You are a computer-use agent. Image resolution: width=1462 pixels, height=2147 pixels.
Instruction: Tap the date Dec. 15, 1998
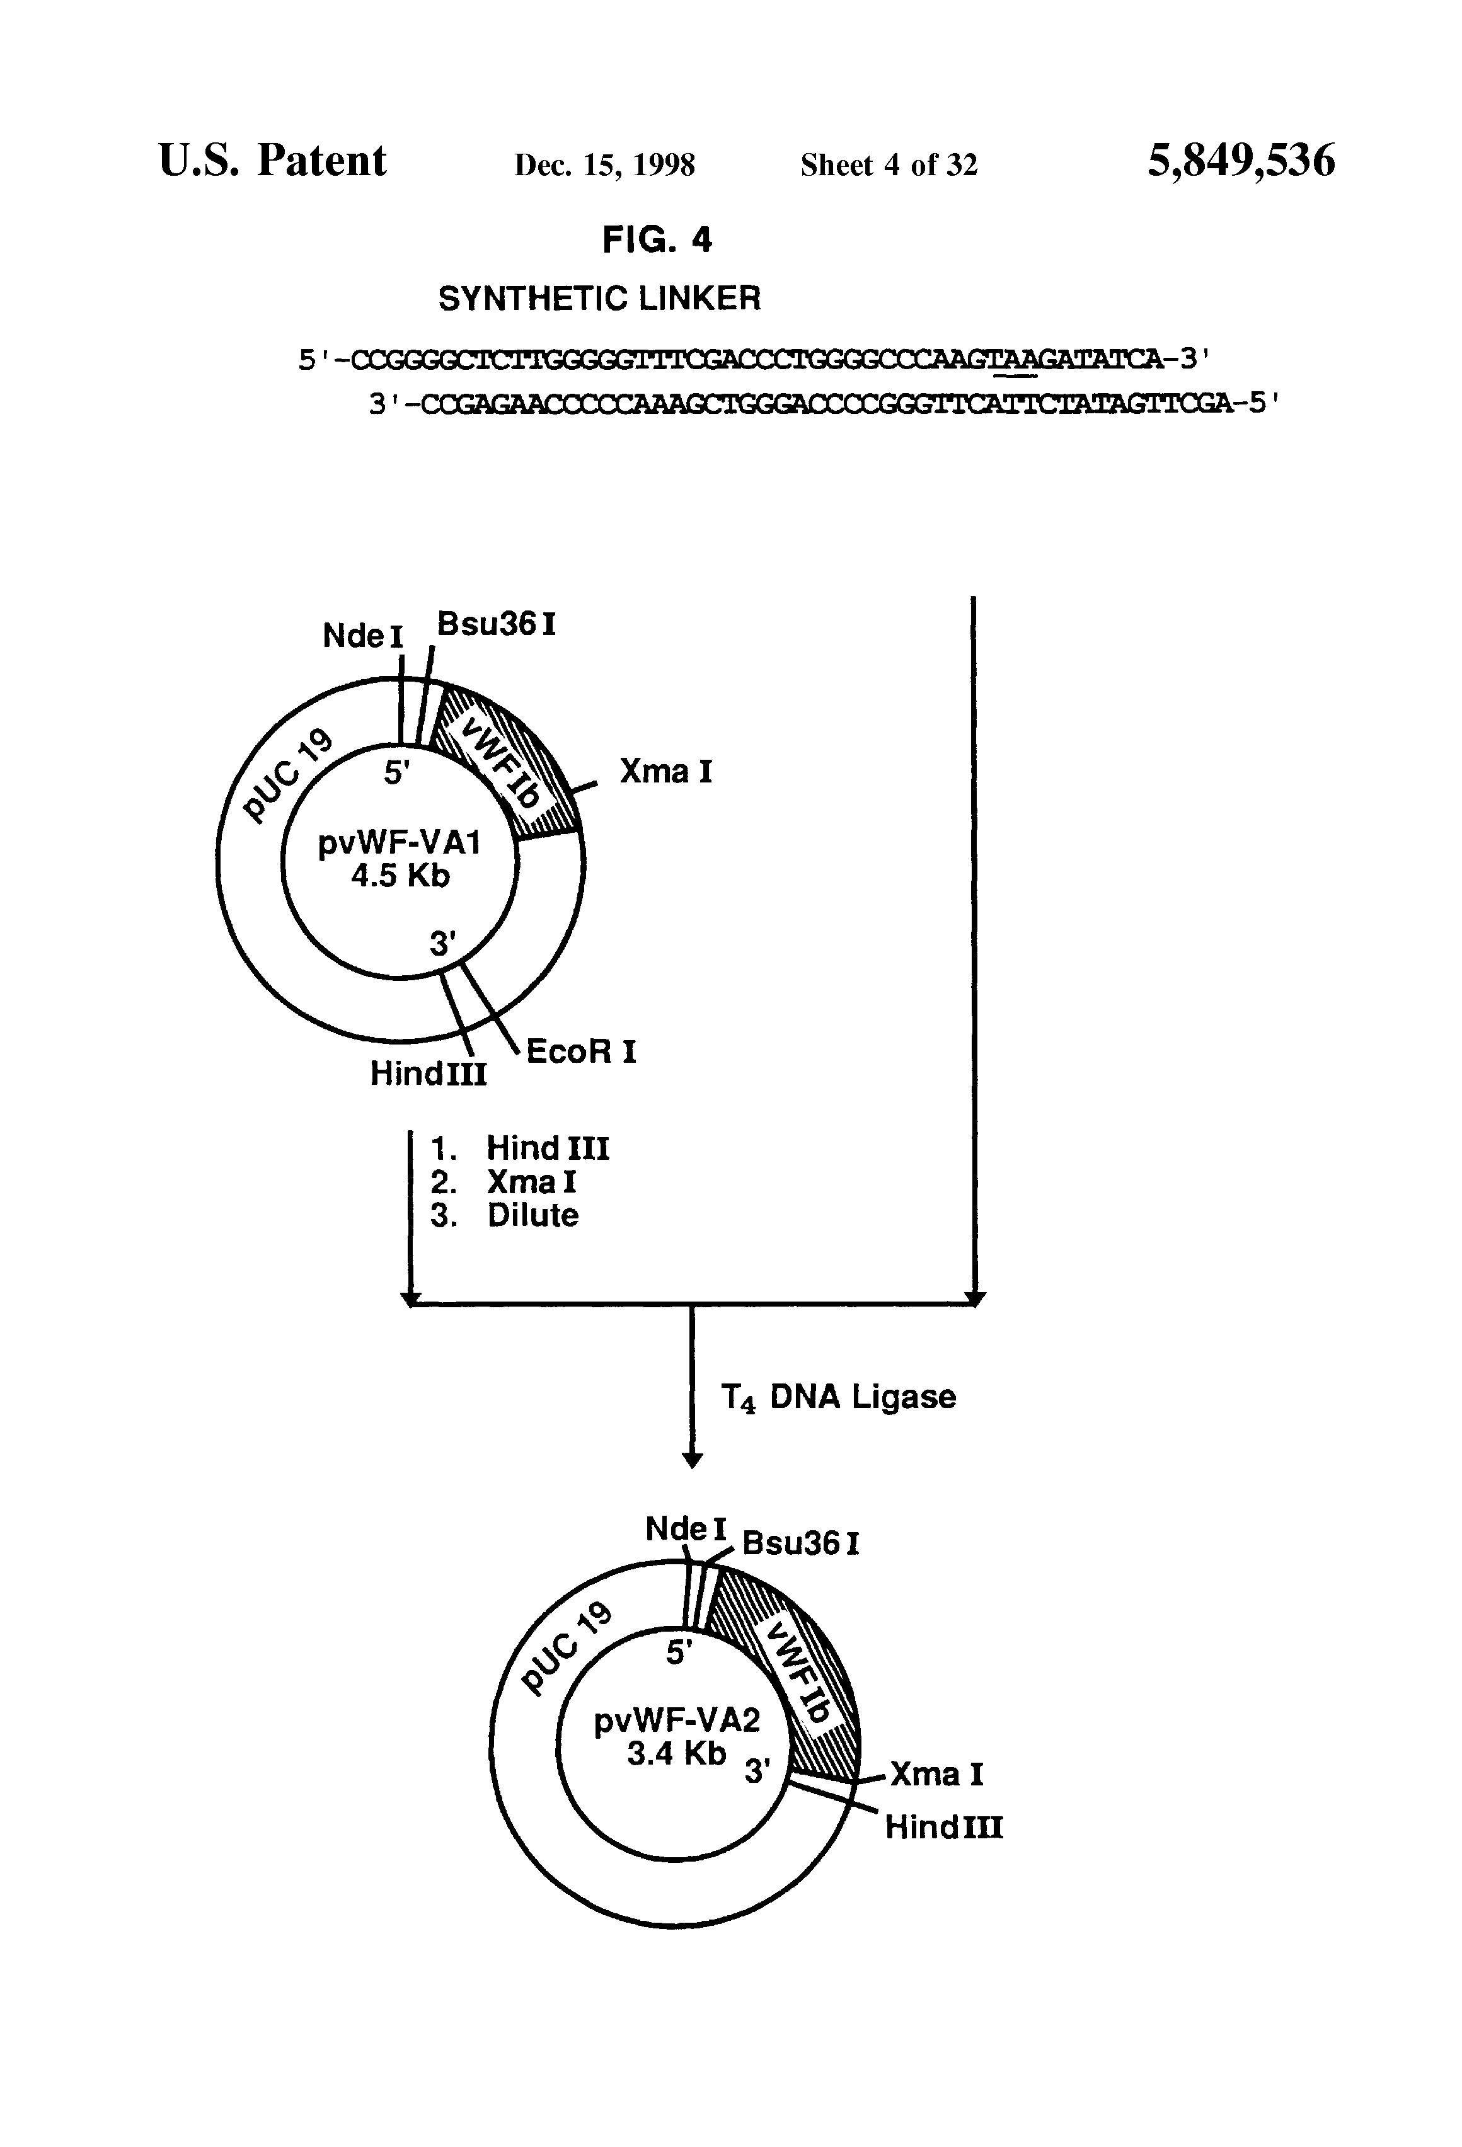pyautogui.click(x=604, y=164)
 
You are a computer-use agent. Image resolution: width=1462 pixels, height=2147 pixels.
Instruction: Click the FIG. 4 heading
pyautogui.click(x=657, y=240)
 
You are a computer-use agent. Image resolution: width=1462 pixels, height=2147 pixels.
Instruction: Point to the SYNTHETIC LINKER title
pyautogui.click(x=599, y=299)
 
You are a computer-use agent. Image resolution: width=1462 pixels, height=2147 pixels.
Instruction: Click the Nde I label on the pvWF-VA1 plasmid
pyautogui.click(x=362, y=636)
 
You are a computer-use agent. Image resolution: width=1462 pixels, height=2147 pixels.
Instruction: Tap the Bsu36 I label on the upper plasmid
pyautogui.click(x=497, y=624)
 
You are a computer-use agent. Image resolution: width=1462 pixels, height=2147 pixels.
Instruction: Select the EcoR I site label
pyautogui.click(x=581, y=1051)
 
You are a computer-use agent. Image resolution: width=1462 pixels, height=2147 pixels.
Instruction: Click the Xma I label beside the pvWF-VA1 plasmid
pyautogui.click(x=665, y=771)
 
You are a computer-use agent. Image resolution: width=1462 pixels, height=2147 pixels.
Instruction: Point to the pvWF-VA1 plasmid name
pyautogui.click(x=400, y=844)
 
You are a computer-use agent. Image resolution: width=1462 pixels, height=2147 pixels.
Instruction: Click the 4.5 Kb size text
pyautogui.click(x=400, y=876)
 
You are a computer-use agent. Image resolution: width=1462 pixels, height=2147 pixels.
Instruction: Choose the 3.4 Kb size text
pyautogui.click(x=676, y=1753)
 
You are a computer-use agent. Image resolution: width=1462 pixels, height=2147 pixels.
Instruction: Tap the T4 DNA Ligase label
pyautogui.click(x=838, y=1396)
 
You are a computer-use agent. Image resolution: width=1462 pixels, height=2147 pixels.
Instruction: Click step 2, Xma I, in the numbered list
pyautogui.click(x=531, y=1182)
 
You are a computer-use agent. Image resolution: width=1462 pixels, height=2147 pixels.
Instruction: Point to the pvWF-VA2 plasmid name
pyautogui.click(x=676, y=1720)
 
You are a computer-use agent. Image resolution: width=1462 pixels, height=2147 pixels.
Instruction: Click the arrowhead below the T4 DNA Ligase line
pyautogui.click(x=692, y=1460)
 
